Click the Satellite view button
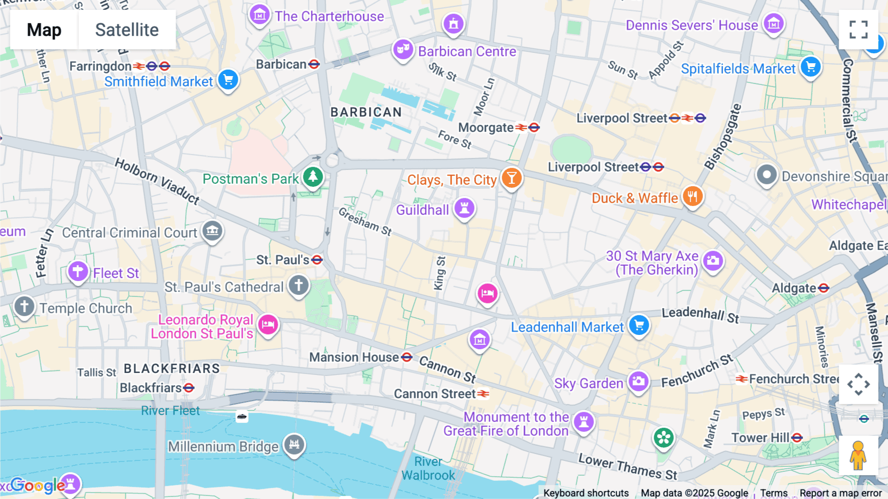tap(127, 30)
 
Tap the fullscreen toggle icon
tap(858, 30)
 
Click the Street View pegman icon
tap(858, 456)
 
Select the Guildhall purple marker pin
tap(464, 208)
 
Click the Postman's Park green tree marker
tap(313, 176)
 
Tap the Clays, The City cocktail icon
tap(512, 177)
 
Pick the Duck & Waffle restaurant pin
tap(693, 197)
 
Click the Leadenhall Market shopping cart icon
tap(639, 325)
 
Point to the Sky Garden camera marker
tap(638, 381)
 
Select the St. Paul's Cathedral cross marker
tap(298, 285)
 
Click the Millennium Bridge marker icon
tap(295, 444)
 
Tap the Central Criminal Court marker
tap(213, 230)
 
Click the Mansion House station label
tap(354, 357)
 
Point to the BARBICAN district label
tap(366, 112)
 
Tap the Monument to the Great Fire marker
tap(584, 422)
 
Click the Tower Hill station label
tap(760, 438)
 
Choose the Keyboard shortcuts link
tap(586, 493)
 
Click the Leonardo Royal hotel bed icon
tap(268, 325)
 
